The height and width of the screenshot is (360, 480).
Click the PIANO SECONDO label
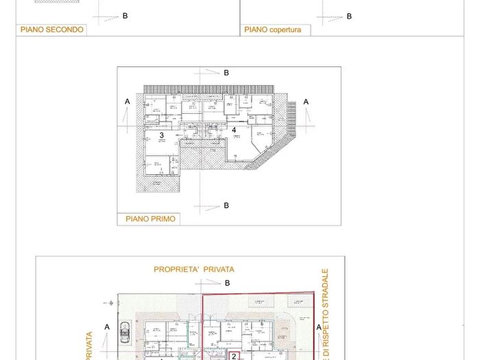[x=51, y=29]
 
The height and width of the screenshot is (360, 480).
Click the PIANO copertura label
[x=272, y=30]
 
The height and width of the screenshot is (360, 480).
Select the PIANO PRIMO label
[x=149, y=219]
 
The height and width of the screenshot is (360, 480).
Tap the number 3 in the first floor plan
[x=162, y=136]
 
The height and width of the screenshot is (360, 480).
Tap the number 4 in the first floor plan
[x=234, y=129]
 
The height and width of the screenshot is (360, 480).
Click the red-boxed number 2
[x=234, y=356]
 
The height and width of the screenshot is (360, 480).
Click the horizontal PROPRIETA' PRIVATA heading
[x=194, y=270]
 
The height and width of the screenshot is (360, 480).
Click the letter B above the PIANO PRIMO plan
[x=226, y=72]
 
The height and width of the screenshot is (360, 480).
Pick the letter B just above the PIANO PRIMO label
[x=226, y=205]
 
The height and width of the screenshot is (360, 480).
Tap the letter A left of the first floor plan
[x=127, y=101]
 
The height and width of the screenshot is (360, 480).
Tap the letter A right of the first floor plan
[x=306, y=101]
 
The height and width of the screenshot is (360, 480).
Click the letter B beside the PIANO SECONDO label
[x=125, y=16]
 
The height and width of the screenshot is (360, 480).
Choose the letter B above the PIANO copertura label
[x=349, y=16]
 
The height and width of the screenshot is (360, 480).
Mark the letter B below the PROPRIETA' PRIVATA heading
[x=228, y=283]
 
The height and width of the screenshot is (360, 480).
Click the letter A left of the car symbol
[x=107, y=327]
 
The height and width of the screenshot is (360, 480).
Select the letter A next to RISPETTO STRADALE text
[x=318, y=328]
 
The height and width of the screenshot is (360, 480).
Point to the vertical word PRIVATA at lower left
[x=88, y=346]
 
